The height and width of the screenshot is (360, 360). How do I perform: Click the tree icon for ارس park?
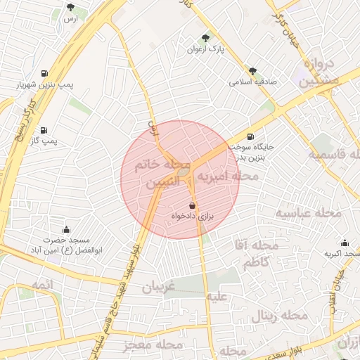coord(70,7)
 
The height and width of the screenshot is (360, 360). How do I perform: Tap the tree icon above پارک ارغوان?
coord(205,38)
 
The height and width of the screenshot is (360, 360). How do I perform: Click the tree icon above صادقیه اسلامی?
coord(252,71)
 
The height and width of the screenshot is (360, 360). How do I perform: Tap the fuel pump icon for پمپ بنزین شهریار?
coord(45,73)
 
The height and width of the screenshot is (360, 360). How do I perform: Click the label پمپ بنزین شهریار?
coord(45,85)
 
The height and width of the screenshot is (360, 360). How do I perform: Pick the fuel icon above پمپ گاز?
coord(44,130)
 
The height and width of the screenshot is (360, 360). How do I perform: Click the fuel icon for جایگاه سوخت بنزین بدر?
coord(250,136)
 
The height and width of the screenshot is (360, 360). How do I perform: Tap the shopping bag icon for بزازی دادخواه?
coord(193,205)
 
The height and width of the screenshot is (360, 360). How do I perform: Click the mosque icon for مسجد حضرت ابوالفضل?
coord(67,229)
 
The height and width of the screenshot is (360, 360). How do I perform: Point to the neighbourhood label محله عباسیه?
coord(308,212)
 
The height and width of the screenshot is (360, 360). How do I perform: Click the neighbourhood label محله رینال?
coord(284,316)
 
